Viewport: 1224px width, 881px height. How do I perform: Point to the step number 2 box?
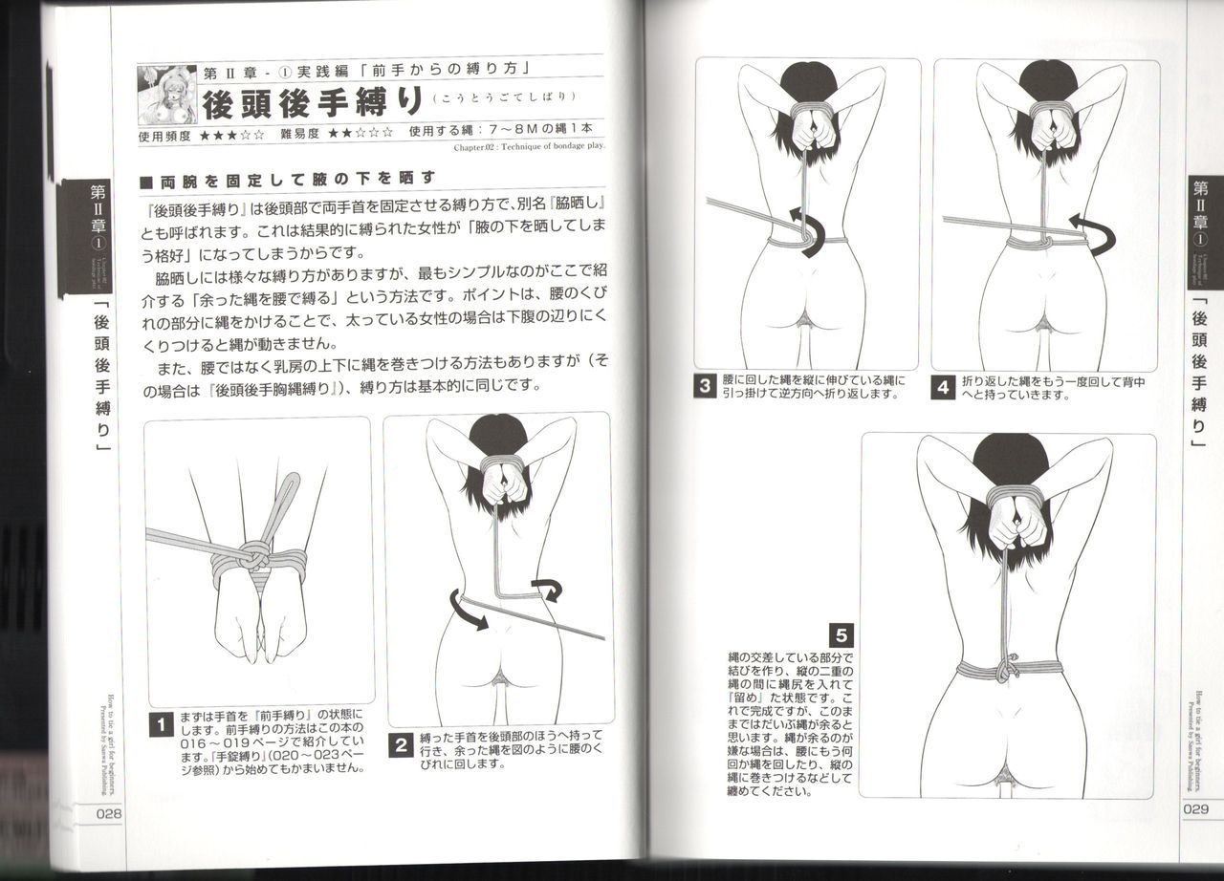click(x=403, y=744)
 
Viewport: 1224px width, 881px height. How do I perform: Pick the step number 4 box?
click(x=943, y=387)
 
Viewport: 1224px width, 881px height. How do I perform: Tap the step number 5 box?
click(x=840, y=634)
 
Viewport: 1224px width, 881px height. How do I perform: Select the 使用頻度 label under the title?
click(x=164, y=134)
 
